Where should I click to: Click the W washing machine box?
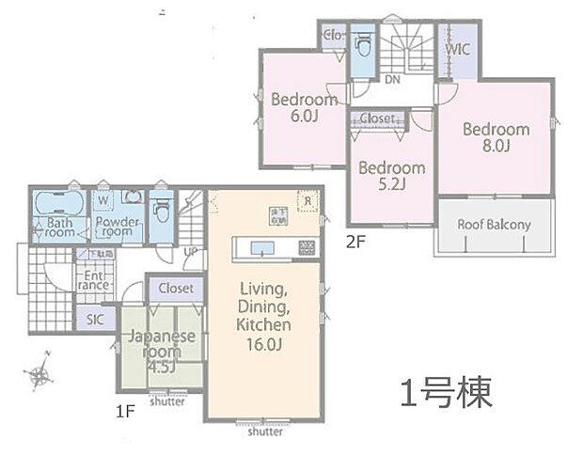pos(102,199)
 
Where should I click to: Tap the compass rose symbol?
pos(39,376)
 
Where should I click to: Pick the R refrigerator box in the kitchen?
pos(307,200)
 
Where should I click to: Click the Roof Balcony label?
pos(494,225)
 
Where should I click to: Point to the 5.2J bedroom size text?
pos(390,184)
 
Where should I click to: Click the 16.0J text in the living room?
pos(264,343)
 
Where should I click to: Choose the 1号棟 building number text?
pos(447,393)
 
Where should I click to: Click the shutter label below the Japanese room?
pos(167,400)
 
